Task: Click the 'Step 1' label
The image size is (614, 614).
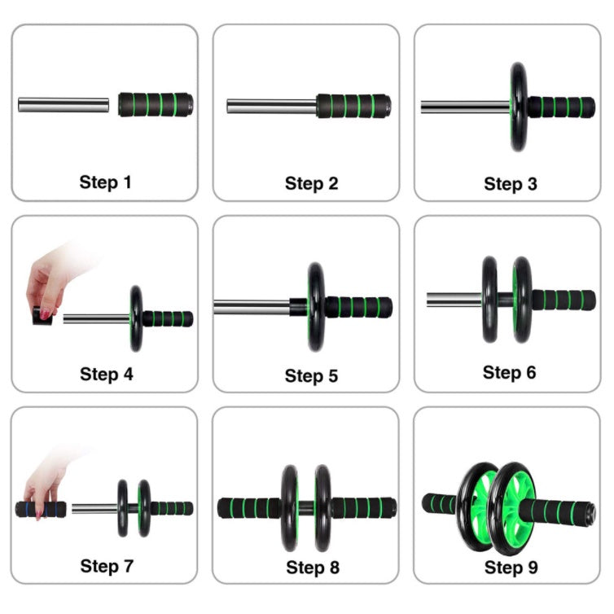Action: pyautogui.click(x=105, y=182)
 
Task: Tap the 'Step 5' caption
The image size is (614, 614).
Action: pyautogui.click(x=311, y=376)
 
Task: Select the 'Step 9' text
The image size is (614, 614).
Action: pyautogui.click(x=511, y=568)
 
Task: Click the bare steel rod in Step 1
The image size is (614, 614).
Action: pyautogui.click(x=64, y=105)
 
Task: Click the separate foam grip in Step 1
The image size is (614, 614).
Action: pyautogui.click(x=156, y=104)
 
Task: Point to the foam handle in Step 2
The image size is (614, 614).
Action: pyautogui.click(x=353, y=106)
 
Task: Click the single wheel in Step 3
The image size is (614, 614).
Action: pyautogui.click(x=519, y=107)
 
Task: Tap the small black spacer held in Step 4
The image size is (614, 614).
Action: pyautogui.click(x=42, y=317)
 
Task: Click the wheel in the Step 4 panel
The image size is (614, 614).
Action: pyautogui.click(x=136, y=318)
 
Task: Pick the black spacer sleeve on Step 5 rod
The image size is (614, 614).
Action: pyautogui.click(x=299, y=307)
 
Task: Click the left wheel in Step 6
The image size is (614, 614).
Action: pyautogui.click(x=490, y=300)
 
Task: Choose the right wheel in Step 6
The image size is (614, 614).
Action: pyautogui.click(x=522, y=300)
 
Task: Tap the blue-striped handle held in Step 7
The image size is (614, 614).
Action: pyautogui.click(x=41, y=509)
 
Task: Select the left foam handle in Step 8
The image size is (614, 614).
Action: pyautogui.click(x=249, y=508)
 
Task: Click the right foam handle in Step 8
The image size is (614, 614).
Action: pyautogui.click(x=364, y=508)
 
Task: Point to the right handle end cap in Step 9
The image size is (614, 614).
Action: pyautogui.click(x=590, y=513)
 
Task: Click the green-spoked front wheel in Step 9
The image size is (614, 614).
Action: pyautogui.click(x=512, y=508)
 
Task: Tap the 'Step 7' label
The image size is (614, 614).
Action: pyautogui.click(x=107, y=566)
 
